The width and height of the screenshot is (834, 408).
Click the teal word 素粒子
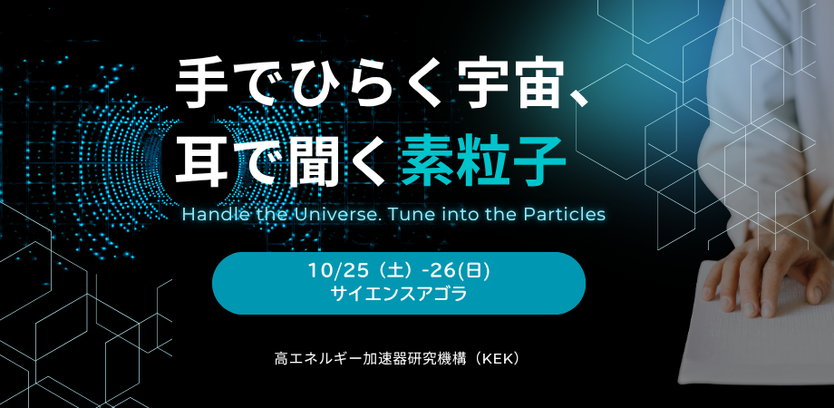[483, 158]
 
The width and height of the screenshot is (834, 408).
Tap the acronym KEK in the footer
[499, 358]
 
